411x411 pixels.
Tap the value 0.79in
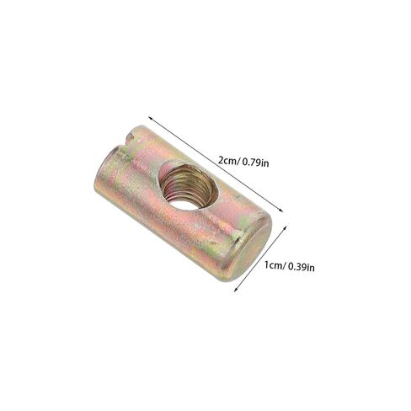coord(255,163)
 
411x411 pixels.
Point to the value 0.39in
coord(302,266)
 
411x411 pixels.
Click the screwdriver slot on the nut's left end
coord(126,141)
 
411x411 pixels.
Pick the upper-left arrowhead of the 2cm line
coord(151,118)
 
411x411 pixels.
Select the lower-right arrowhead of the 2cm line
coord(280,210)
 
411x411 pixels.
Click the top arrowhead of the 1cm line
coord(285,227)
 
